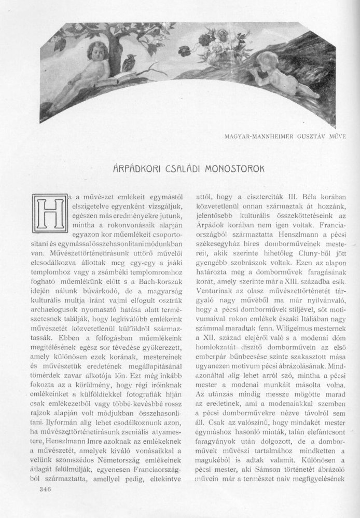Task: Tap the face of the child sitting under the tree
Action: (x=97, y=52)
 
